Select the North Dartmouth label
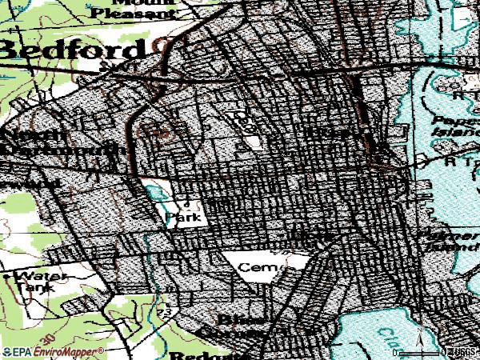60,141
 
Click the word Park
182,217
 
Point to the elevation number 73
166,310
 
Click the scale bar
420,351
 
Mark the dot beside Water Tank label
7,277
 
